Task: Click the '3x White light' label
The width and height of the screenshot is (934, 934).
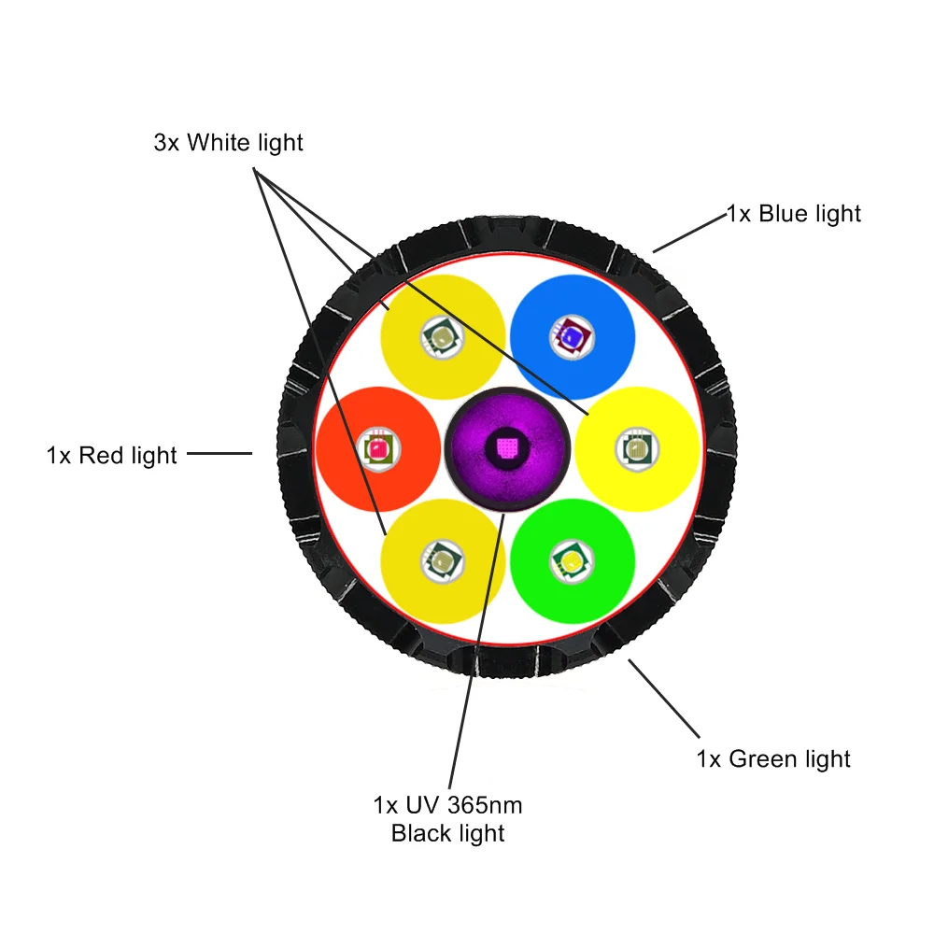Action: tap(228, 143)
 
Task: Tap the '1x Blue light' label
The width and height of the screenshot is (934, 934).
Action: tap(794, 214)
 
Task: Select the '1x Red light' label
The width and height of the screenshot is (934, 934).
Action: tap(111, 456)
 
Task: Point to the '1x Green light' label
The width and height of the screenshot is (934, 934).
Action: tap(773, 758)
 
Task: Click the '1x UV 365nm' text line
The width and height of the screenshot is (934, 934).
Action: tap(447, 805)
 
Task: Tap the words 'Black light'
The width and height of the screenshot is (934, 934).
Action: tap(447, 833)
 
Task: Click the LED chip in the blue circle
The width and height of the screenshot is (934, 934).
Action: tap(572, 337)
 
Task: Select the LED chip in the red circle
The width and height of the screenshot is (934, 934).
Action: tap(379, 449)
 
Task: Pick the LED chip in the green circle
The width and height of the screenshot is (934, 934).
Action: tap(572, 561)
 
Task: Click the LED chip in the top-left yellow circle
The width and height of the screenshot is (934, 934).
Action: tap(443, 337)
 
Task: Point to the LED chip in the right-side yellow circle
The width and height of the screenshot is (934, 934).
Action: tap(637, 449)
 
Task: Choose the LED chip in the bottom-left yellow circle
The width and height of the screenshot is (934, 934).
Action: tap(443, 561)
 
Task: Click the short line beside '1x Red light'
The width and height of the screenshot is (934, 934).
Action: tap(219, 453)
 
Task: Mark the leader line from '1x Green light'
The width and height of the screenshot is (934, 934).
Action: tap(663, 698)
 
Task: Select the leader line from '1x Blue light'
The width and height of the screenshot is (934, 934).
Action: tap(690, 233)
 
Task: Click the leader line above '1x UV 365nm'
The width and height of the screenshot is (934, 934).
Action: tap(476, 652)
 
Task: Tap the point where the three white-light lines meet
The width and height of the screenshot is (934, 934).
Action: tap(255, 170)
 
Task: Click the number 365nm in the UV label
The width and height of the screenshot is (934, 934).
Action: tap(484, 805)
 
